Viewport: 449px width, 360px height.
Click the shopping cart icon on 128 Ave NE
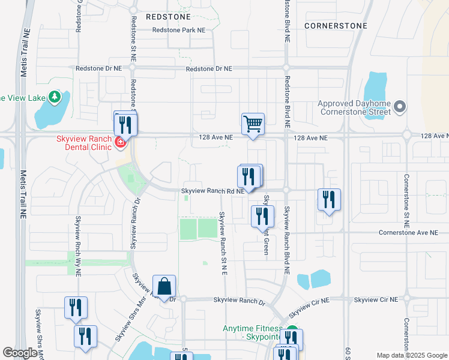(253, 124)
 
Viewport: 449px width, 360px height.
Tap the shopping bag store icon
(164, 287)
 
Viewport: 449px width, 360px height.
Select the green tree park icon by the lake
(55, 97)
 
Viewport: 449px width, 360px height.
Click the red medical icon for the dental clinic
(120, 142)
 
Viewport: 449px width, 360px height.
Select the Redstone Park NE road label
(179, 29)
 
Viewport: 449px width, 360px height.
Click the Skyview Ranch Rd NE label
(212, 191)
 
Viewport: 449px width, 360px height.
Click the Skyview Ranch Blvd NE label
(287, 240)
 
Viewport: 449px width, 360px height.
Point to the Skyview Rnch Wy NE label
(77, 245)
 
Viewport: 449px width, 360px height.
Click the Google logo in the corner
(20, 353)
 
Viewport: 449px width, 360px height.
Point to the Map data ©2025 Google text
(411, 355)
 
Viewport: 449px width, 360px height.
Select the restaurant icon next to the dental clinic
(125, 124)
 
